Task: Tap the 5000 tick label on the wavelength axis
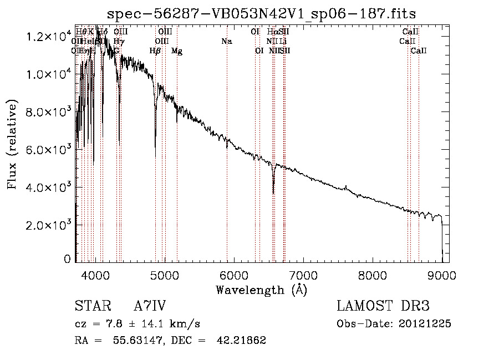(x=165, y=275)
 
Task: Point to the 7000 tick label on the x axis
(x=303, y=275)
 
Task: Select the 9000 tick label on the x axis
(x=441, y=275)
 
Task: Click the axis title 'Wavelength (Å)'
(x=261, y=290)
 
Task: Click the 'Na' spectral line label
(x=226, y=41)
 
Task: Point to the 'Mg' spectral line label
(x=177, y=51)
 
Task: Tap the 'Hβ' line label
(x=155, y=51)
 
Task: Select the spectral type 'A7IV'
(x=150, y=306)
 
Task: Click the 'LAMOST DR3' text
(x=383, y=306)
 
